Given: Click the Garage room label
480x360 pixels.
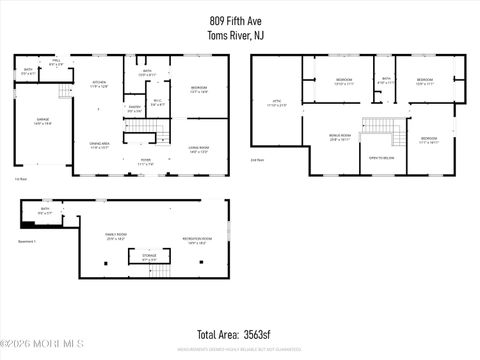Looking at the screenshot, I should (29, 122).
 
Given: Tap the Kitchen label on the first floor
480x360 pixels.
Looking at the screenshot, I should (99, 84).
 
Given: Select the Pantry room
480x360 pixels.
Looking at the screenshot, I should (134, 108).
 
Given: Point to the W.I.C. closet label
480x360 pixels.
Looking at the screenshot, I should (157, 102).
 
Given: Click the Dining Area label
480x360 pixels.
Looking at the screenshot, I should (99, 146).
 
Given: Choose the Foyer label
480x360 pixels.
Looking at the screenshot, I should (145, 160).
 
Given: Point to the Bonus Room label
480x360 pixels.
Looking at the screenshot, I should (339, 139).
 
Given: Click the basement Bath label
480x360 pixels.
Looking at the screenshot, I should (45, 211).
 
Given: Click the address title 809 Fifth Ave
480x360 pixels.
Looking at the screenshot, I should (239, 19).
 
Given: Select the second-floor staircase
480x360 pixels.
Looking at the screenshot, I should (379, 124).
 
